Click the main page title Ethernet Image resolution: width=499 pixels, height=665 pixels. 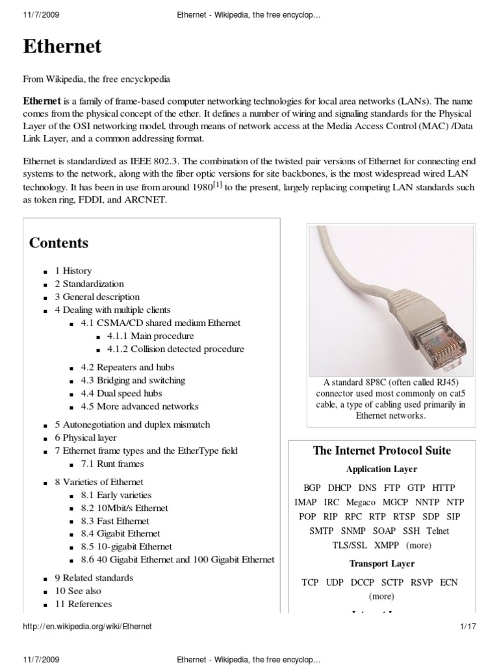pos(62,47)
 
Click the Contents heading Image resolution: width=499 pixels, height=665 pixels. pos(58,244)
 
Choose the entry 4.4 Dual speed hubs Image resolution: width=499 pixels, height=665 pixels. pos(121,393)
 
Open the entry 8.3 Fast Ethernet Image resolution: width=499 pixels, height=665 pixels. pos(114,521)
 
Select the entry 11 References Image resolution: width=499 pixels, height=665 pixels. pos(83,604)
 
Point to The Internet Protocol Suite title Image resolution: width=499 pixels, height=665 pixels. pos(381,451)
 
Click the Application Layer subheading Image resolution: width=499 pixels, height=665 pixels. pos(381,469)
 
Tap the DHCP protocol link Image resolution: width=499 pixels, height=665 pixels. pos(339,488)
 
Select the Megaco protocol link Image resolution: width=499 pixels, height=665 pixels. pos(361,502)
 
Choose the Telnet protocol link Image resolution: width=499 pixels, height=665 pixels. pos(437,531)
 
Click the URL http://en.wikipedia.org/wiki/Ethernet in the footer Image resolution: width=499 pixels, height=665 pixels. pos(87,627)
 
